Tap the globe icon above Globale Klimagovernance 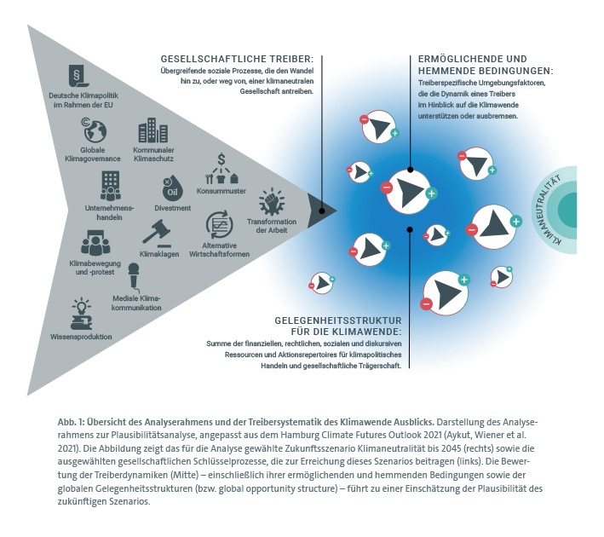click(x=93, y=130)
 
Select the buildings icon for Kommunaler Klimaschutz click(x=152, y=131)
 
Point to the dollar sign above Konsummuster click(x=221, y=159)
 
